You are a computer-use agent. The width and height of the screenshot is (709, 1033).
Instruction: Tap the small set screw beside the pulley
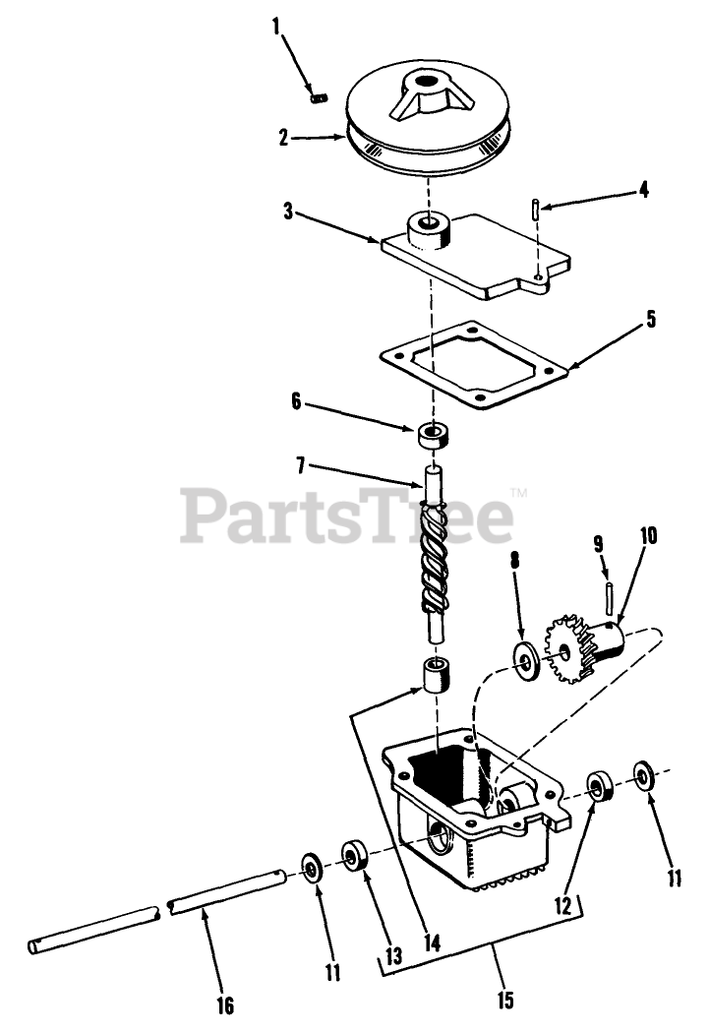(x=318, y=96)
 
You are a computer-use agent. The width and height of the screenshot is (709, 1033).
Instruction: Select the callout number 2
(x=284, y=138)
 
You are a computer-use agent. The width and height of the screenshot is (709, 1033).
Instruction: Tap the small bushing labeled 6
(x=430, y=433)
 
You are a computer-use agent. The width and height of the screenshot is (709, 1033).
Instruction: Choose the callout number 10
(x=649, y=537)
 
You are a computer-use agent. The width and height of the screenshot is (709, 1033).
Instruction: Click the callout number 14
(x=429, y=942)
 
